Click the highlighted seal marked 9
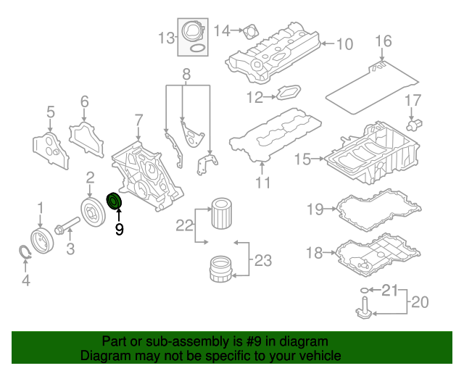114,201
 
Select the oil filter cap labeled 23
221,269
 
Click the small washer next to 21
362,291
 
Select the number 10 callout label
344,44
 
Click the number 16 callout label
383,41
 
